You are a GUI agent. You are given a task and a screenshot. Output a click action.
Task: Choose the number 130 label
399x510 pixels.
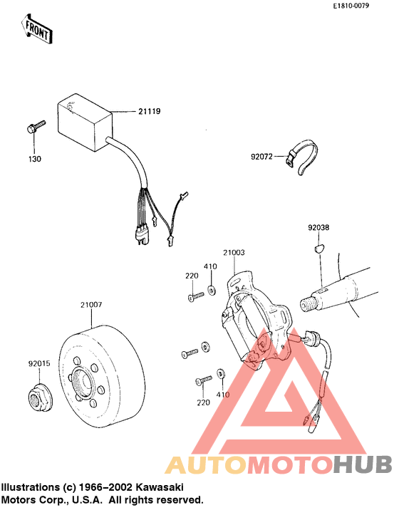click(35, 159)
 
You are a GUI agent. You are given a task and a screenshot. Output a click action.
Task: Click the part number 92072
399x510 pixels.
click(261, 153)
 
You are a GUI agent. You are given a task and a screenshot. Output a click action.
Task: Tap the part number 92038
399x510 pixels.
click(318, 228)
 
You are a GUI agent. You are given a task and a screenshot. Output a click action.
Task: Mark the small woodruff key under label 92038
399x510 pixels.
click(318, 249)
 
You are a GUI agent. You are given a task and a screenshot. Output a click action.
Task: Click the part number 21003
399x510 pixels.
click(233, 252)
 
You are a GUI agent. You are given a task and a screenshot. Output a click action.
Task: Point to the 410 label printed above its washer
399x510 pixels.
click(210, 266)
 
